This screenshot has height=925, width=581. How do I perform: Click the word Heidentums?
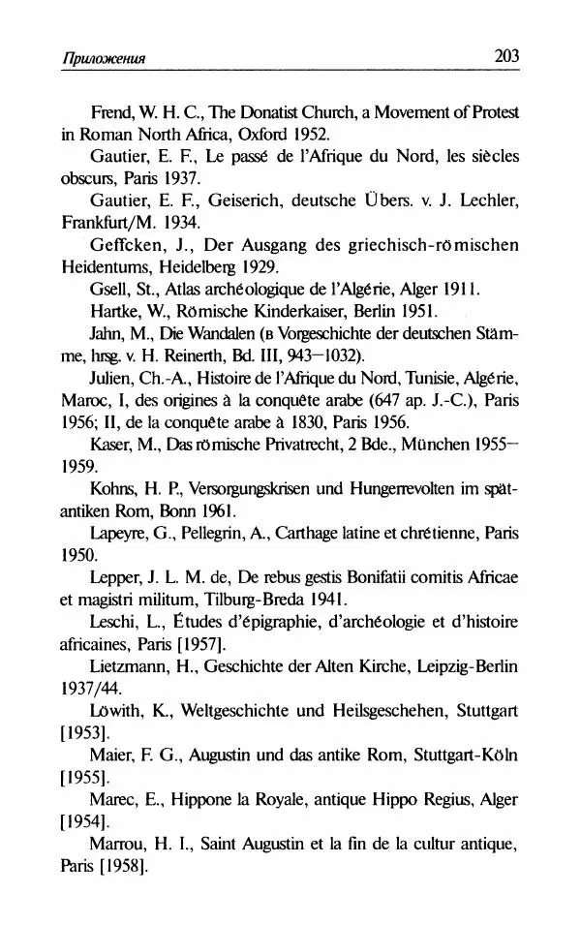(x=99, y=266)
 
